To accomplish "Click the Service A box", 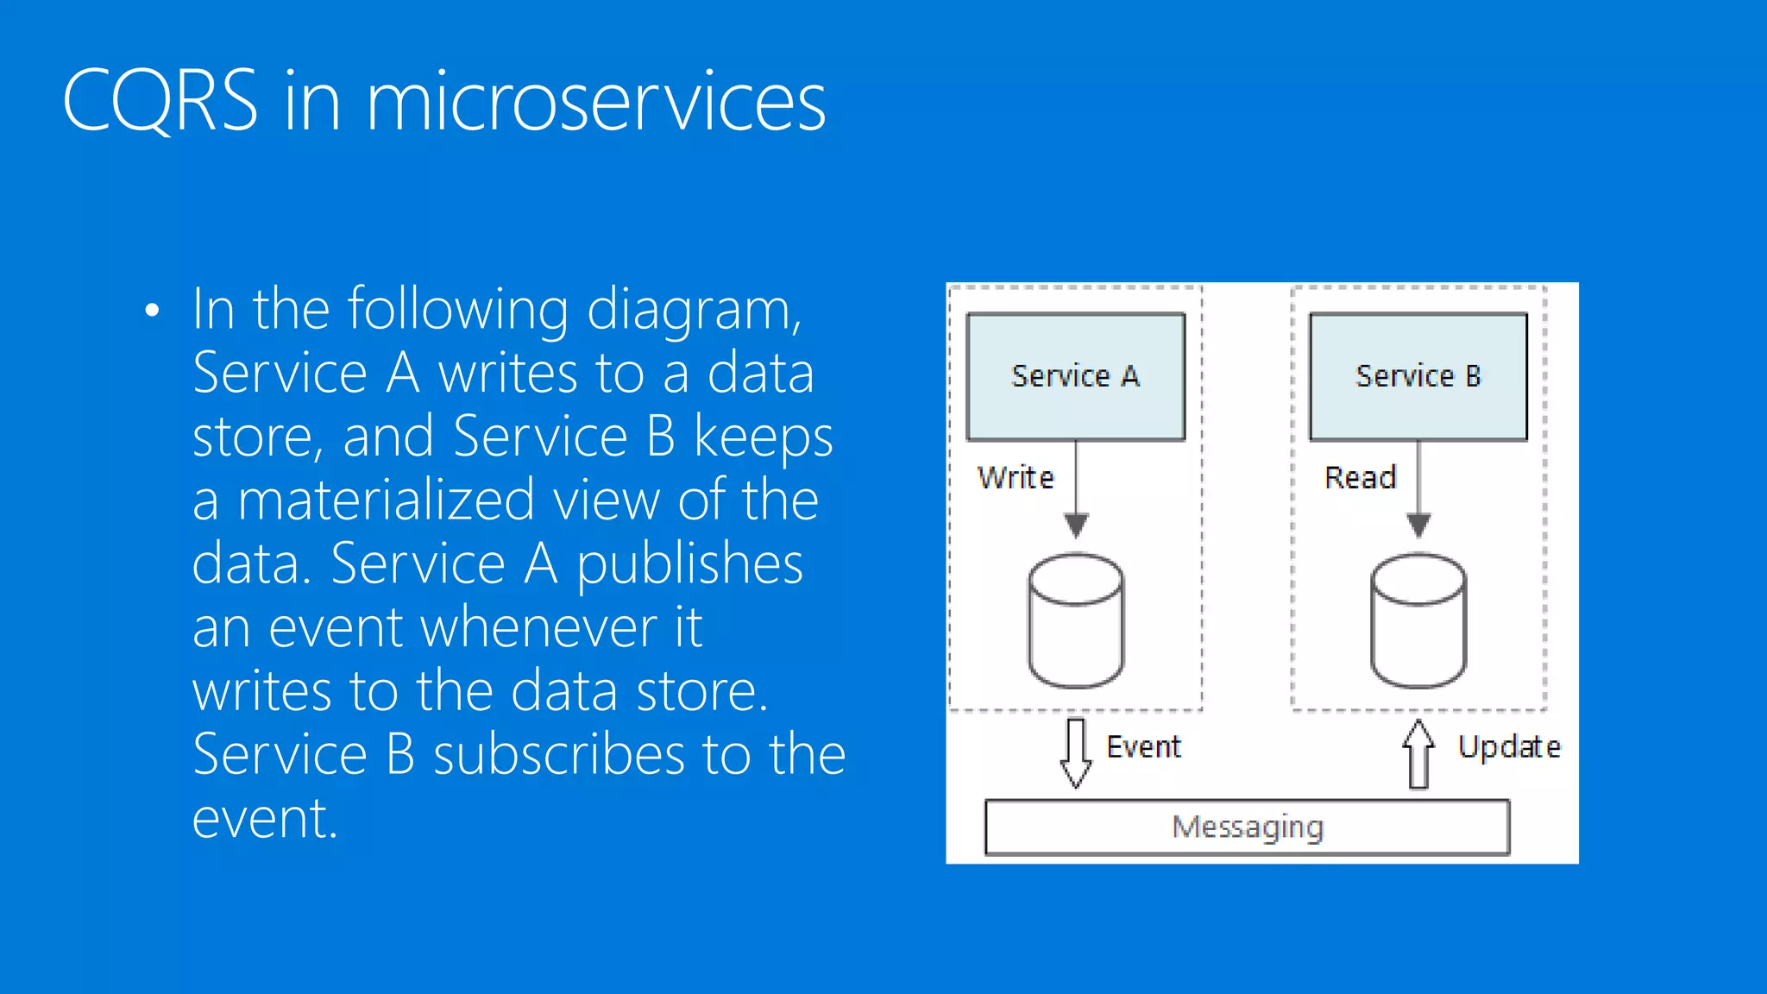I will [1075, 377].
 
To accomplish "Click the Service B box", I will [1418, 377].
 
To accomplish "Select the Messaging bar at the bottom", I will [1247, 827].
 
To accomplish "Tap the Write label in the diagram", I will [1016, 478].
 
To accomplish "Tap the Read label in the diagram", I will [1360, 478].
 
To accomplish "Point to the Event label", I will [1143, 747].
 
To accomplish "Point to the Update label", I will [1509, 747].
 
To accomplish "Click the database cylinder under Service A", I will [1076, 621].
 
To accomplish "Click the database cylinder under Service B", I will [1418, 621].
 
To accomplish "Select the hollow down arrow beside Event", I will [1075, 752].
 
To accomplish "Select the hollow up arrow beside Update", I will [1418, 754].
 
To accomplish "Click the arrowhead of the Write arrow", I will [1076, 525].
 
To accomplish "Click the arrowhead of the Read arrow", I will [1418, 525].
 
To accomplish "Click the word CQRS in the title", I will [160, 102].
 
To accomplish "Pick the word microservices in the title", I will [595, 102].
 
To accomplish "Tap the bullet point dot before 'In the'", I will [153, 311].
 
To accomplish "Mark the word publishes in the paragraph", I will [689, 564].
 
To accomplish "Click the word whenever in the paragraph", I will [462, 627].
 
